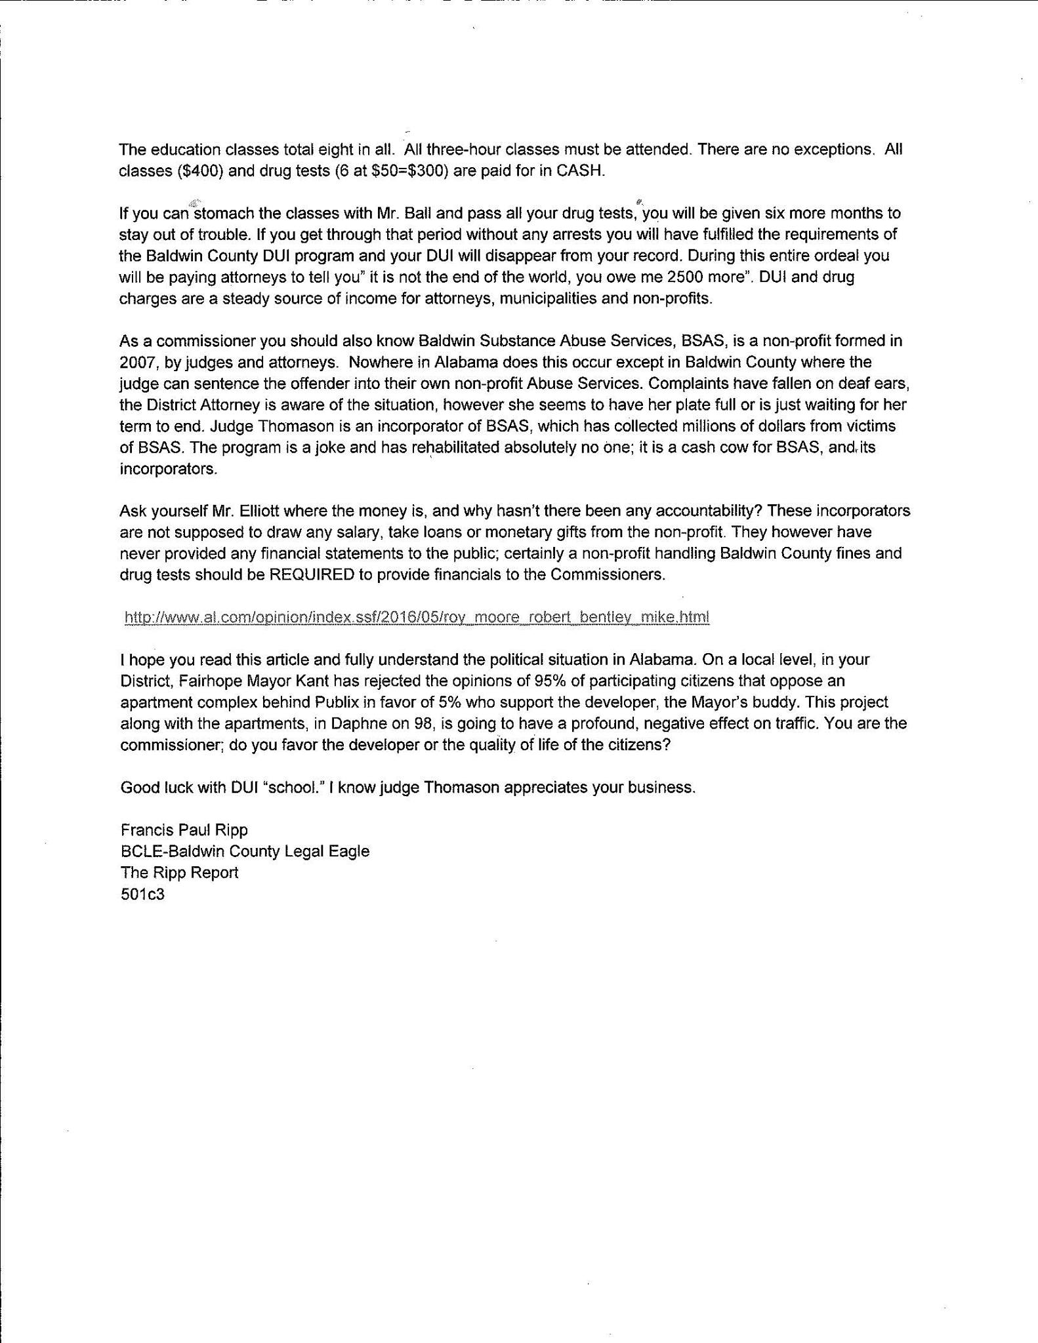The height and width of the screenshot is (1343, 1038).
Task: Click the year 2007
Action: click(x=136, y=363)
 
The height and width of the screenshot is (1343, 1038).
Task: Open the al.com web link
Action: click(x=417, y=617)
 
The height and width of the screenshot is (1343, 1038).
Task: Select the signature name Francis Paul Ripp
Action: click(x=184, y=830)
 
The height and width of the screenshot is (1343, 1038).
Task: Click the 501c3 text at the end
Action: click(x=142, y=894)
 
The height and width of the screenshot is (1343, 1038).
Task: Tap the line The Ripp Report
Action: click(x=179, y=873)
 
